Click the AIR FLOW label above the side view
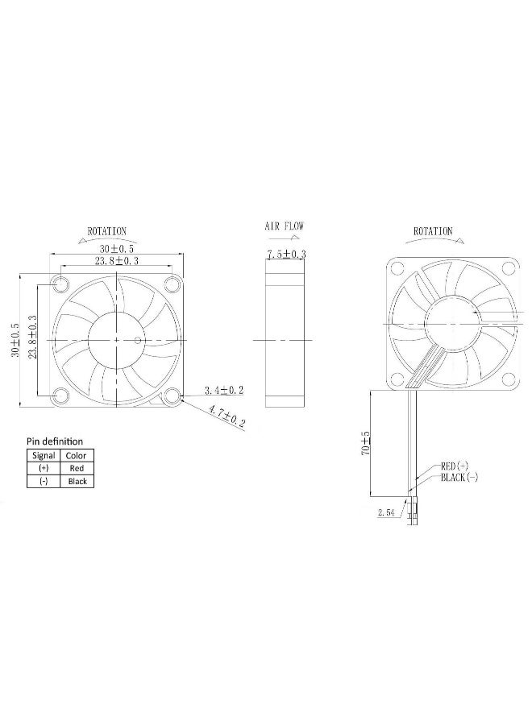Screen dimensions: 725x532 [x=285, y=227]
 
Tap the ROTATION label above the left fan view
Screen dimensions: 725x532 [x=106, y=231]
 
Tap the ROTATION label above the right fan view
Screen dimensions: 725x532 [x=433, y=231]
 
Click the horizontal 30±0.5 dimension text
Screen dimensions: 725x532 [x=117, y=249]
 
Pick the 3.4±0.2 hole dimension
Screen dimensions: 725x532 [x=225, y=390]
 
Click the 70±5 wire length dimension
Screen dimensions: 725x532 [x=365, y=445]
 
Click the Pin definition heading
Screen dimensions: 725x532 [x=55, y=441]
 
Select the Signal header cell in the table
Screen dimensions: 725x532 [x=43, y=455]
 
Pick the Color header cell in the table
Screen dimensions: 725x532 [x=76, y=455]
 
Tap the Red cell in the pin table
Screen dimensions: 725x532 [x=76, y=468]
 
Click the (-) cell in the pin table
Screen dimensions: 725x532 [x=43, y=481]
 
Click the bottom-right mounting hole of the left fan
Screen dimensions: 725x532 [x=171, y=395]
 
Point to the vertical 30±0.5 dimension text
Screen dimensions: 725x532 [x=15, y=340]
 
